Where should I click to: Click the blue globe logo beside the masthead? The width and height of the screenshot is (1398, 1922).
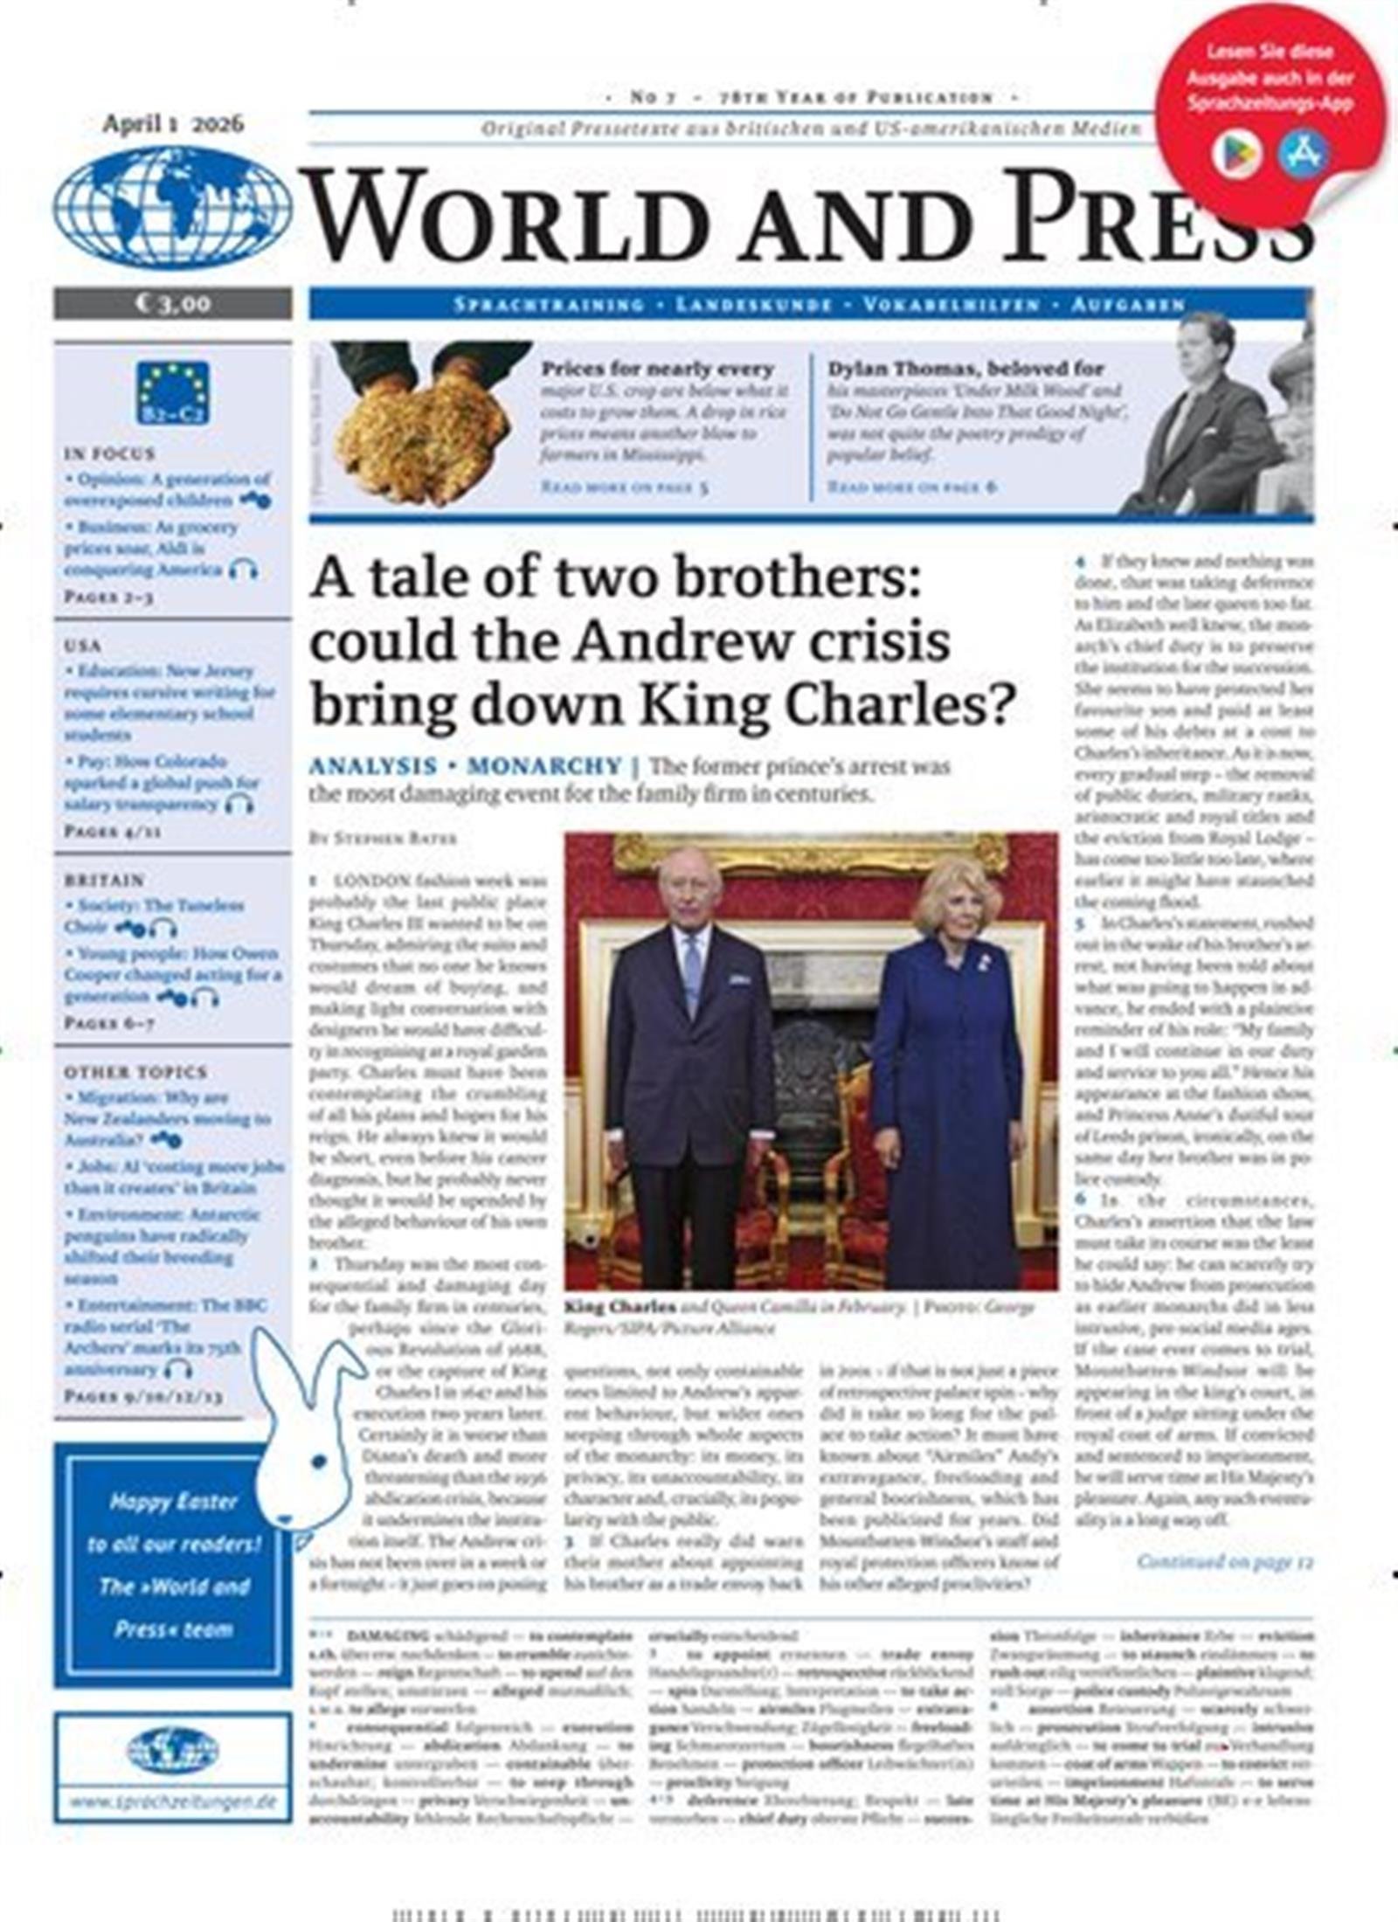172,207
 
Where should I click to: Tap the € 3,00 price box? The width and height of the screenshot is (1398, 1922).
172,303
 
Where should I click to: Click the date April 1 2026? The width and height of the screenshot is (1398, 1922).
173,123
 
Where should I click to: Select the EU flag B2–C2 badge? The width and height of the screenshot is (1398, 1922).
172,392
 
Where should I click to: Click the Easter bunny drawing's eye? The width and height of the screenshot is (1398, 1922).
318,1460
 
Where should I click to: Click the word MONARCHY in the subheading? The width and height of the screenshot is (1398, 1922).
544,766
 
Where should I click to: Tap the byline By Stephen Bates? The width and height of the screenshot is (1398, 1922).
383,838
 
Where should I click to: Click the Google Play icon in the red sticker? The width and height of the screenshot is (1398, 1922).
1235,155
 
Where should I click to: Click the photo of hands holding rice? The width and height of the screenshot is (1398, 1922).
422,424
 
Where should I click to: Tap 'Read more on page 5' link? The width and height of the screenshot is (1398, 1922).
625,487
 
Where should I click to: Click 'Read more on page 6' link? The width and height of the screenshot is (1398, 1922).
911,487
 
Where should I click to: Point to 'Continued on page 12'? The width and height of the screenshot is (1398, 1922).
1224,1561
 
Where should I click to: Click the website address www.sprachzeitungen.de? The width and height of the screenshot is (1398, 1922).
172,1801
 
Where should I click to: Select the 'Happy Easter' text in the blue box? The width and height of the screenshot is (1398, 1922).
173,1502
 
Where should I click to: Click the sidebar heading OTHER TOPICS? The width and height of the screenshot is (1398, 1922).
135,1072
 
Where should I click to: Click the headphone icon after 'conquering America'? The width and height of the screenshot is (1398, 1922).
243,570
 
